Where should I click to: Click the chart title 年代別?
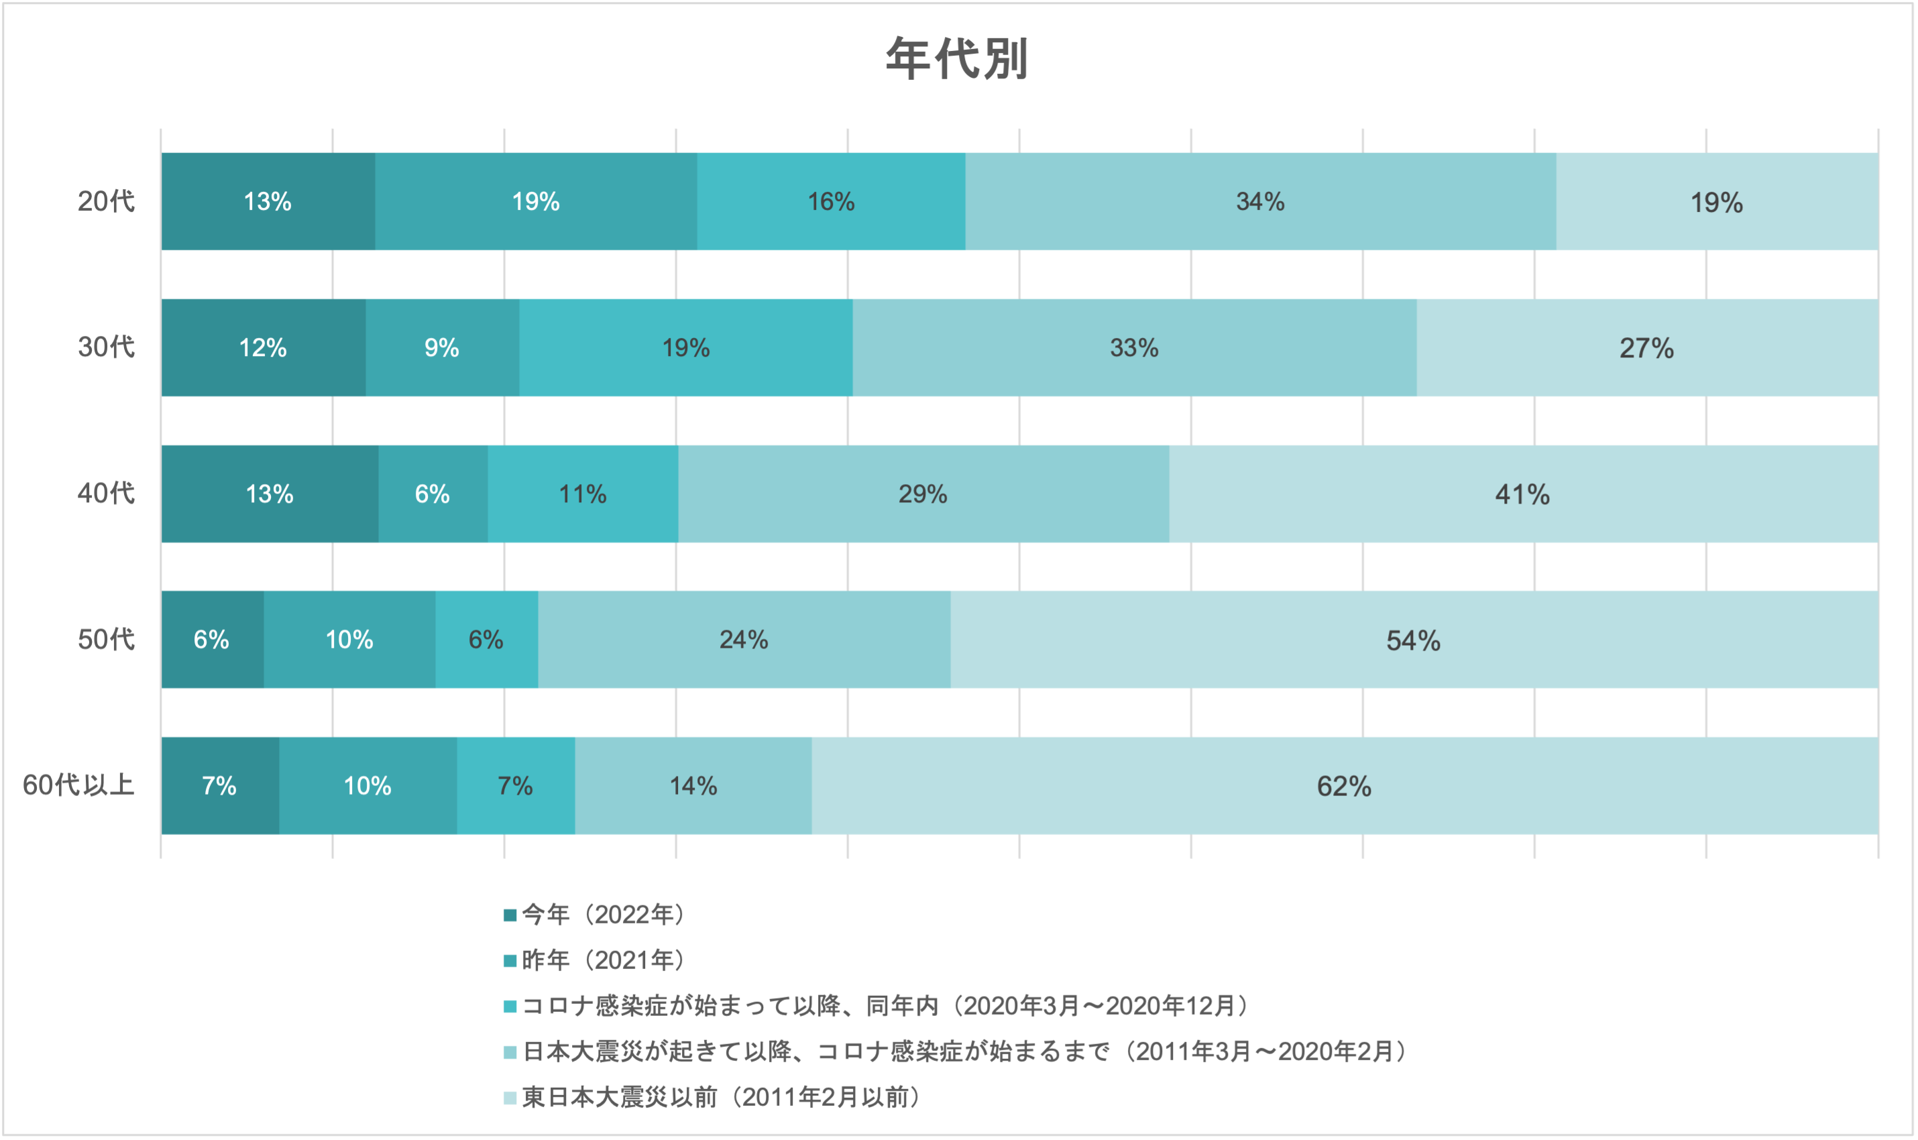(957, 58)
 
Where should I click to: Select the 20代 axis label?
(106, 201)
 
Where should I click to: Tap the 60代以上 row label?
(78, 785)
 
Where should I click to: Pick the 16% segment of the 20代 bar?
(830, 201)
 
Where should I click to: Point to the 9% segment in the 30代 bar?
(442, 347)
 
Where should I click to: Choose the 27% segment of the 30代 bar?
(1647, 347)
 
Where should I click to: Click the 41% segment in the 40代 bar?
(1522, 494)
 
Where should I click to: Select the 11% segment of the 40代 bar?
(582, 494)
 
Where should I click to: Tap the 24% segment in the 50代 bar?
(744, 639)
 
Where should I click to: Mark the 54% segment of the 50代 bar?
(1413, 640)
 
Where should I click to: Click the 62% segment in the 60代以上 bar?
(1344, 786)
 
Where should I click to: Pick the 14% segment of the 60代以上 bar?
(693, 786)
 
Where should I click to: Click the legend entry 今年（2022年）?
(604, 914)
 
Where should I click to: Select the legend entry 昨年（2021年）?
(604, 960)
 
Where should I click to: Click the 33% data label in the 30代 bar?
(1134, 348)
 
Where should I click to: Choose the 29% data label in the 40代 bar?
(923, 494)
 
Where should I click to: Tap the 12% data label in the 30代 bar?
(263, 348)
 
